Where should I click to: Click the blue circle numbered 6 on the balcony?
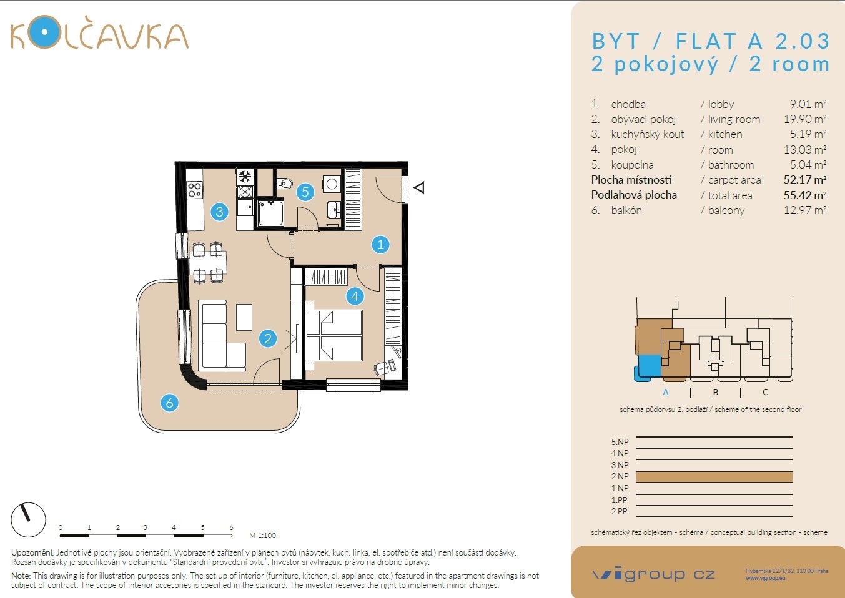click(x=169, y=403)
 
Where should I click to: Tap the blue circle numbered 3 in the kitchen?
click(x=219, y=212)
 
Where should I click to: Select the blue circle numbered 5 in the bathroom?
click(x=305, y=192)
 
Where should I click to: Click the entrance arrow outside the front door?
click(x=420, y=187)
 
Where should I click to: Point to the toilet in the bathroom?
click(x=285, y=183)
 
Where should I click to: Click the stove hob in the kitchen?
click(x=195, y=189)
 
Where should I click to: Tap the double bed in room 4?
click(x=334, y=336)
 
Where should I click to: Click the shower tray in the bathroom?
click(x=270, y=213)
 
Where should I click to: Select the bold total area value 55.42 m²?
click(x=804, y=195)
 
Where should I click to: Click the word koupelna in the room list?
click(x=632, y=165)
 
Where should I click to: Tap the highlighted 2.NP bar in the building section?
click(x=714, y=477)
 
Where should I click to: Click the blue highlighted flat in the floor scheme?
click(x=649, y=366)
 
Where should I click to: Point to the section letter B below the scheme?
click(x=716, y=392)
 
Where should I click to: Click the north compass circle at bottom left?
click(x=29, y=520)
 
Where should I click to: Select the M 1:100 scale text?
click(x=262, y=536)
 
